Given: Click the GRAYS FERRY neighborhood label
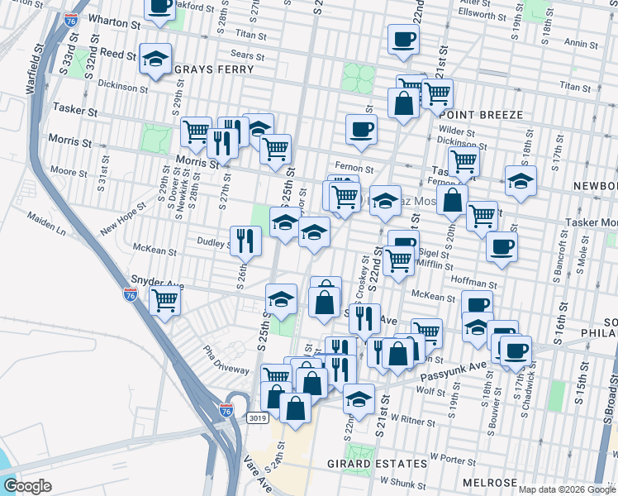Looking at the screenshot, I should (x=214, y=69).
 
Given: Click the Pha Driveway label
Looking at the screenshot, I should (x=223, y=361).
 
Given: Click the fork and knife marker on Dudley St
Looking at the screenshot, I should (x=245, y=240).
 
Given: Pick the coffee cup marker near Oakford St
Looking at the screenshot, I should (x=160, y=7).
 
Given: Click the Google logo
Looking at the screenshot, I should (x=28, y=486).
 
